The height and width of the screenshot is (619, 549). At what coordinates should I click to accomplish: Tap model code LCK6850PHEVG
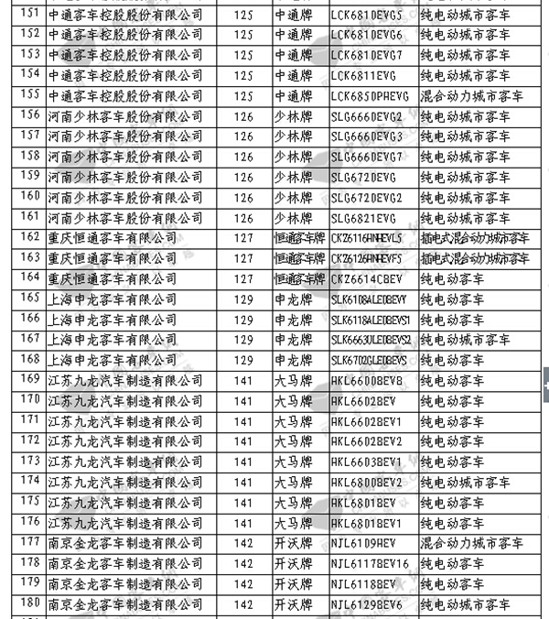[x=369, y=93]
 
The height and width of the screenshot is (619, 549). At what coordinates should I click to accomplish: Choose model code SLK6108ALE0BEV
[x=369, y=298]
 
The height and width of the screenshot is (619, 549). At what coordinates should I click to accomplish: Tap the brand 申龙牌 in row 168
[x=298, y=359]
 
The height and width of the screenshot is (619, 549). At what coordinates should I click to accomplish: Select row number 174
[x=29, y=480]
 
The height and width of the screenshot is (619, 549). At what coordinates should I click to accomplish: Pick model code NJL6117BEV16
[x=369, y=562]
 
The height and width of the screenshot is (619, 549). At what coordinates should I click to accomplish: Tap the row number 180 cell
[x=29, y=603]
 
